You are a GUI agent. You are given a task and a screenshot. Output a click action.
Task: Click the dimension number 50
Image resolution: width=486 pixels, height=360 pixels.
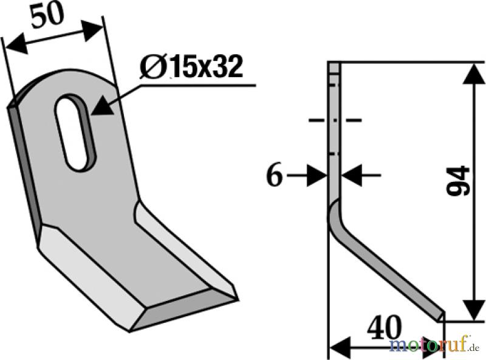click(x=47, y=16)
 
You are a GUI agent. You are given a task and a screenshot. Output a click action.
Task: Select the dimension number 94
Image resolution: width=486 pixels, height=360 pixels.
click(x=457, y=182)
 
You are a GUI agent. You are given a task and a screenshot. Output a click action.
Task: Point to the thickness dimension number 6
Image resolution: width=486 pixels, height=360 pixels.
click(x=275, y=176)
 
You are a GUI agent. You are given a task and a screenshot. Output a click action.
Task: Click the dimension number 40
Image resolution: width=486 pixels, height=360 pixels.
click(x=384, y=328)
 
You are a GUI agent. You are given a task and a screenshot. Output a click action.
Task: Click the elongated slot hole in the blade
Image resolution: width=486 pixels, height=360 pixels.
click(x=75, y=132)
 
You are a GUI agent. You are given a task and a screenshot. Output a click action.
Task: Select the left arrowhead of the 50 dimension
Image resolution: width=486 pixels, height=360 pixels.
click(x=16, y=44)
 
